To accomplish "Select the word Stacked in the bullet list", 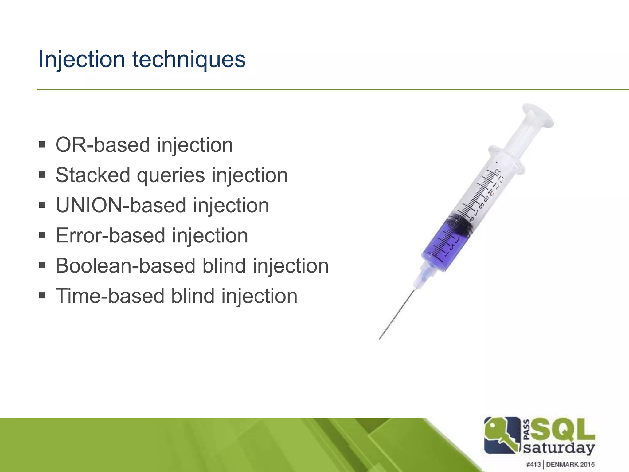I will [x=93, y=175].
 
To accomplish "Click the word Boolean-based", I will [x=125, y=265].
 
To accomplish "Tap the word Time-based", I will [x=110, y=296].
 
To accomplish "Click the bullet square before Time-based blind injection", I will [x=42, y=296].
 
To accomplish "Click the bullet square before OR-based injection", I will [x=42, y=144].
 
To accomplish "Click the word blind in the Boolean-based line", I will [x=224, y=265].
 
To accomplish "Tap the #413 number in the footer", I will [x=533, y=464].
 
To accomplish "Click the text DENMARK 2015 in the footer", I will [x=570, y=464].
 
